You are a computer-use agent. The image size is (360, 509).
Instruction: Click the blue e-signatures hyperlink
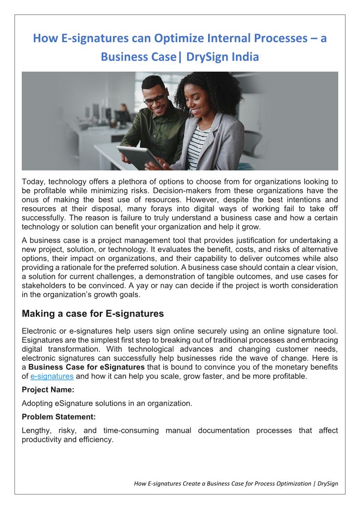point(52,376)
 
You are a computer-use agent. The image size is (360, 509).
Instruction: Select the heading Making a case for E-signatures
point(92,314)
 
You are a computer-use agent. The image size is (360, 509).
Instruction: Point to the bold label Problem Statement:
point(58,417)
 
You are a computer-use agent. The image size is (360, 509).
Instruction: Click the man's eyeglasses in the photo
point(155,99)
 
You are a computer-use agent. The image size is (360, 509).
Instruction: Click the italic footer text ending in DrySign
point(236,483)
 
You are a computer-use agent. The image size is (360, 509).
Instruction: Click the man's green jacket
point(150,131)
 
